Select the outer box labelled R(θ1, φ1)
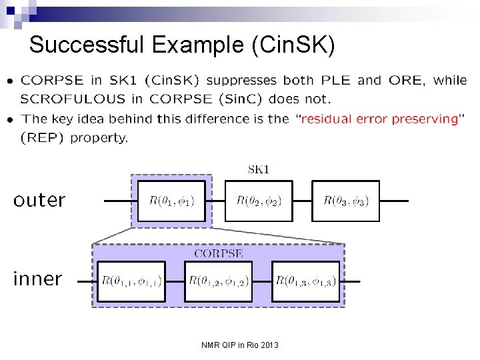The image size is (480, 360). click(x=172, y=201)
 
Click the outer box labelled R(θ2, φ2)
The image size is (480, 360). click(x=259, y=201)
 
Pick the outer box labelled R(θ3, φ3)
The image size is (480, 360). click(x=345, y=201)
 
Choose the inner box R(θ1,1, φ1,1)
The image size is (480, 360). click(x=131, y=281)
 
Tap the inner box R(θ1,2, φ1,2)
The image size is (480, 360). click(x=219, y=281)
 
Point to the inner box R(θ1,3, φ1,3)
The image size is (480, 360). click(x=306, y=281)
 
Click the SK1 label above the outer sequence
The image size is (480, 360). click(x=258, y=169)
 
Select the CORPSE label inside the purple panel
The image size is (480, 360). click(x=218, y=253)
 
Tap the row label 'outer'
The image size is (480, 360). click(x=39, y=200)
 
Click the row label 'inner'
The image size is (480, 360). click(x=37, y=279)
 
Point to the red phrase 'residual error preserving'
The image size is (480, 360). click(x=380, y=119)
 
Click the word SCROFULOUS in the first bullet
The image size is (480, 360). click(x=73, y=99)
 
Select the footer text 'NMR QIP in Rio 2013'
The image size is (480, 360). click(x=240, y=345)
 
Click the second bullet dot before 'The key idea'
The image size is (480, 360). click(x=9, y=120)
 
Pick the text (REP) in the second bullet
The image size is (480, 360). click(x=43, y=138)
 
